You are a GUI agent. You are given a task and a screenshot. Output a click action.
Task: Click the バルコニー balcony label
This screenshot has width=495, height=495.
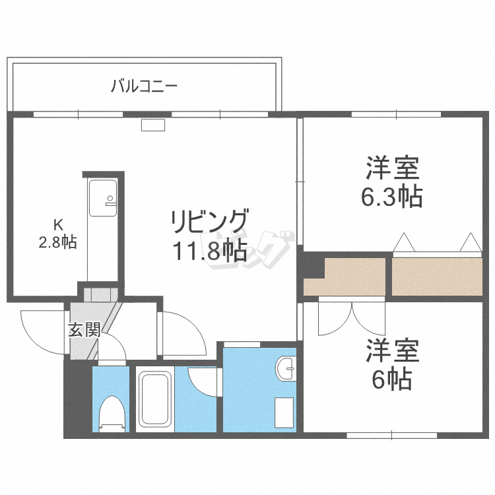[x=144, y=86]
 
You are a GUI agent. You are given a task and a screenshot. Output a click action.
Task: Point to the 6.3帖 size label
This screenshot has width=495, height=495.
[x=394, y=197]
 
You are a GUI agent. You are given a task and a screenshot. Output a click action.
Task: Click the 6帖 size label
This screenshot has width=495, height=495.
[x=394, y=379]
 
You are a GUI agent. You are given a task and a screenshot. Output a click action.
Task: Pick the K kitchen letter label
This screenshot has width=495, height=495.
[x=57, y=222]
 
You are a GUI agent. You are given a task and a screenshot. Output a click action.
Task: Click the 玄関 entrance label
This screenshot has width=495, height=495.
[x=84, y=329]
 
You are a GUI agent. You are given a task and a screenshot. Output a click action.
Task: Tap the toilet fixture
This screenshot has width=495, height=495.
[x=111, y=412]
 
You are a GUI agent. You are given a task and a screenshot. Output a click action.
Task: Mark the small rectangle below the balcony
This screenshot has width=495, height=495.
[x=153, y=124]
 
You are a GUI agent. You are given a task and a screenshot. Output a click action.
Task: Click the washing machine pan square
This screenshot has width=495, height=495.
[x=284, y=412]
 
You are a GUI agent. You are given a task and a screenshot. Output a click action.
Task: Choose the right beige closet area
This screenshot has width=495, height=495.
[x=436, y=276]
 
